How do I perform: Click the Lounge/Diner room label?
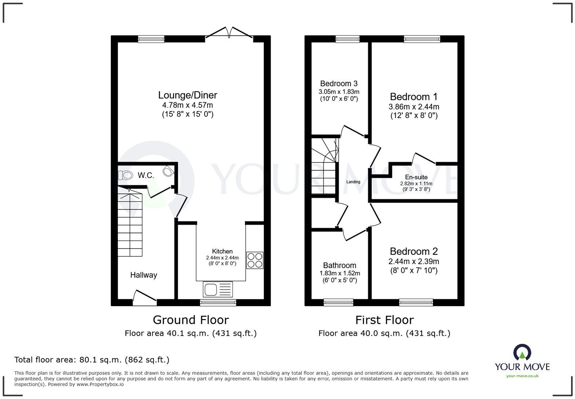(187, 95)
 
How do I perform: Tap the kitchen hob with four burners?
(254, 260)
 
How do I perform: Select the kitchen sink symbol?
(217, 289)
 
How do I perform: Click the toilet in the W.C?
(125, 175)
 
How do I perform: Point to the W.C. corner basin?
(169, 171)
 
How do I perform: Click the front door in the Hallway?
(144, 298)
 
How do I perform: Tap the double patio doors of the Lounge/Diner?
(229, 33)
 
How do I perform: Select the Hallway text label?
(143, 275)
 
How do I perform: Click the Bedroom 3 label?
(338, 84)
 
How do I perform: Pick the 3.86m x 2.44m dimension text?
(414, 107)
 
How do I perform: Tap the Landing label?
(353, 182)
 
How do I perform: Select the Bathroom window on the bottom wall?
(338, 302)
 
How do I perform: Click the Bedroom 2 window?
(416, 302)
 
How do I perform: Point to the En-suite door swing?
(424, 158)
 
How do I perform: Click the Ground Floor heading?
(191, 320)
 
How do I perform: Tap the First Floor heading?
(384, 320)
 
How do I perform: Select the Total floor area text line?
(92, 360)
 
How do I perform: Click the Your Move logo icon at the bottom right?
(522, 352)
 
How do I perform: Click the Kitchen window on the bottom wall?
(218, 302)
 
